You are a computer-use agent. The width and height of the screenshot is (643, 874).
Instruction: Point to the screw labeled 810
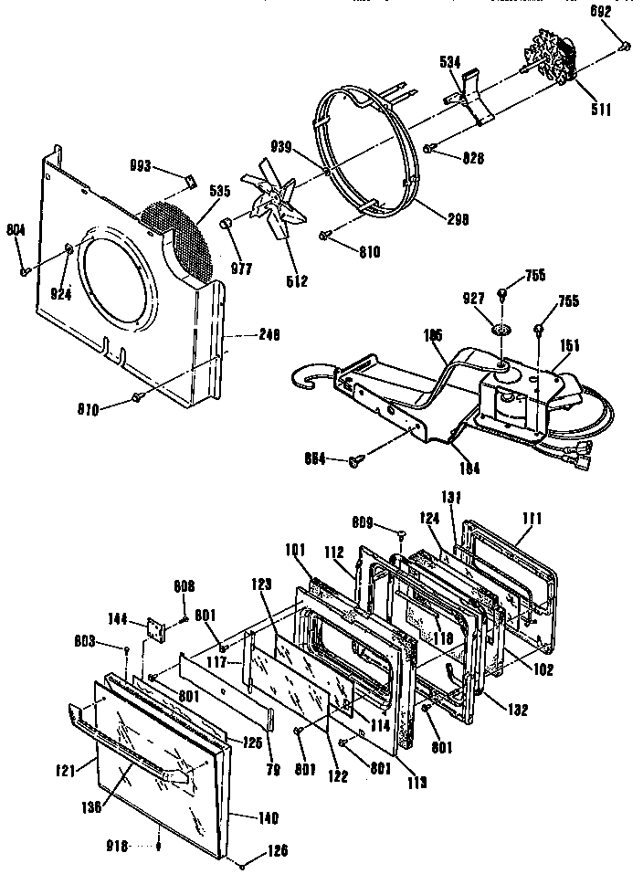(325, 236)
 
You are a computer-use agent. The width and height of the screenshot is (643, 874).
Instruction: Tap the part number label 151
(569, 344)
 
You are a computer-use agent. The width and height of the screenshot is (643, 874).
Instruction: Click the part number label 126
(278, 850)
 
